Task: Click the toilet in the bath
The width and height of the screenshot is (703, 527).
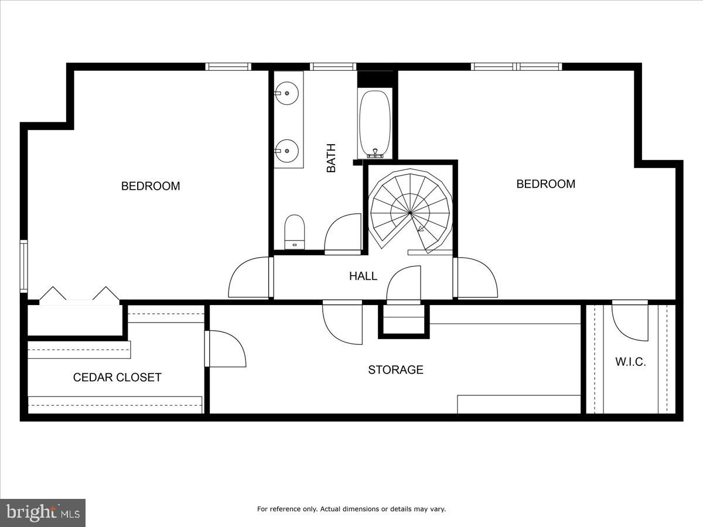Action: pyautogui.click(x=294, y=232)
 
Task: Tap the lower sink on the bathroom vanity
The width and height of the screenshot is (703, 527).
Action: pyautogui.click(x=288, y=150)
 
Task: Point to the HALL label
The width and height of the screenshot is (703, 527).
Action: pyautogui.click(x=363, y=276)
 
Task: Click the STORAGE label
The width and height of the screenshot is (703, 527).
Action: pyautogui.click(x=395, y=369)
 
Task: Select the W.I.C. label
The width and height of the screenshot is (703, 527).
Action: pyautogui.click(x=630, y=362)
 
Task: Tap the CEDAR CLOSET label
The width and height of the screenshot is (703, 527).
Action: pyautogui.click(x=117, y=377)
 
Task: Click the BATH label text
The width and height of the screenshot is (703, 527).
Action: pyautogui.click(x=332, y=158)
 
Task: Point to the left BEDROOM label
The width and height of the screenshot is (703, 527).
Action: pyautogui.click(x=151, y=186)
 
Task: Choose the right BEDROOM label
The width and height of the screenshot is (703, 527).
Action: pyautogui.click(x=545, y=184)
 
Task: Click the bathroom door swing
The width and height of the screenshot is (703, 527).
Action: pyautogui.click(x=343, y=233)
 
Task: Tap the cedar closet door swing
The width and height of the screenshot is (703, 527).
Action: pyautogui.click(x=226, y=349)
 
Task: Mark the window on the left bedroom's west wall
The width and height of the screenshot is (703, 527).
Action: pyautogui.click(x=23, y=266)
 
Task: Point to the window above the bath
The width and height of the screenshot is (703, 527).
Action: pyautogui.click(x=333, y=67)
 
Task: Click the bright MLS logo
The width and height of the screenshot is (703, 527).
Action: pyautogui.click(x=43, y=513)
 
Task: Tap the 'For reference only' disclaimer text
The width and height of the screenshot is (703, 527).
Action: pyautogui.click(x=351, y=509)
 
